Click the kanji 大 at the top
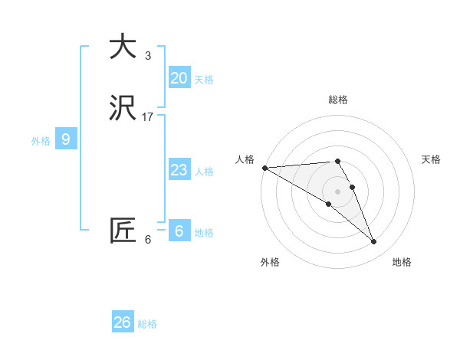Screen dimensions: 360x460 (x=123, y=47)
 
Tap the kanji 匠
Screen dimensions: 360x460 (x=123, y=231)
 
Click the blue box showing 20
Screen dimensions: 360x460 (x=179, y=77)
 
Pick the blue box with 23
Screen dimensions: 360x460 (x=179, y=170)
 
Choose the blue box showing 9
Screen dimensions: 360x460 (x=66, y=139)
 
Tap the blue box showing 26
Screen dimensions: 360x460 (x=123, y=322)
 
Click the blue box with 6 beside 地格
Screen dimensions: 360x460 (x=179, y=231)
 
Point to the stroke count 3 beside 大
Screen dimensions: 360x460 (x=148, y=56)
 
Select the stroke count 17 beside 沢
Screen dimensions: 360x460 (x=148, y=117)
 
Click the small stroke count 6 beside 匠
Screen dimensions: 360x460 (x=148, y=240)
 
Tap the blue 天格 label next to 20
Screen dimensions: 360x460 (x=204, y=80)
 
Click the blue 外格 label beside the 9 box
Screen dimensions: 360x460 (x=41, y=141)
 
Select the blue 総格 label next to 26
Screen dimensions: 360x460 (x=147, y=324)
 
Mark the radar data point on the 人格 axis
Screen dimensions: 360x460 (x=264, y=168)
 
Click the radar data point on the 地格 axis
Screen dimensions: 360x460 (x=373, y=241)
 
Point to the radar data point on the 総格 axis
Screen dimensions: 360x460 (x=337, y=161)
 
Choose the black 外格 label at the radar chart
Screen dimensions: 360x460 (x=270, y=263)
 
